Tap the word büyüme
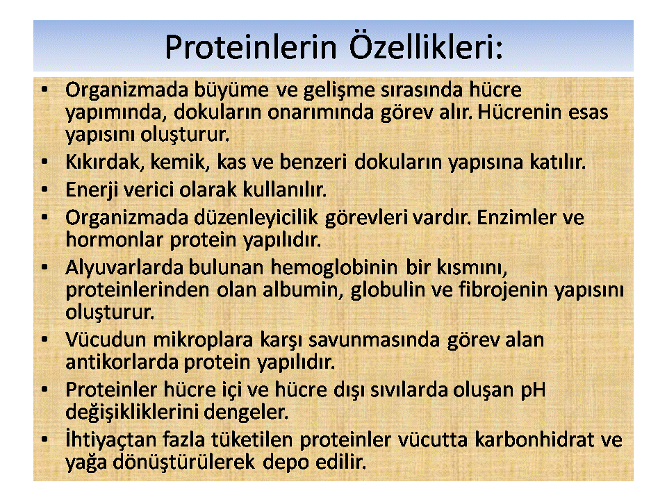[x=231, y=90]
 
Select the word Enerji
[x=91, y=190]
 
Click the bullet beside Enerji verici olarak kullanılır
[x=44, y=190]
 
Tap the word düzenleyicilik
[x=256, y=218]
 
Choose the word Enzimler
[x=516, y=217]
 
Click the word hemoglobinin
[x=334, y=268]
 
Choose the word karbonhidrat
[x=534, y=440]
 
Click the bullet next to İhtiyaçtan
[x=44, y=440]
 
